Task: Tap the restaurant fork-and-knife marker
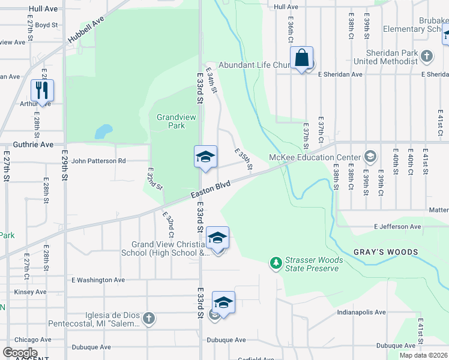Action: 42,91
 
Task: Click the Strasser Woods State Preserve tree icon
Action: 276,263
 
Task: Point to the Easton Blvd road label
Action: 211,191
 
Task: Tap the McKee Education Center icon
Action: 370,157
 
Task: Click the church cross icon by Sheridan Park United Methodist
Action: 427,56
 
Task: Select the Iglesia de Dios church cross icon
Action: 149,319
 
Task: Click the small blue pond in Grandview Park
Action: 103,131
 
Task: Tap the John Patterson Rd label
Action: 98,161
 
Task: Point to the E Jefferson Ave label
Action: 397,227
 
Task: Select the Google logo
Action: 20,353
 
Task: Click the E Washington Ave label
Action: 98,280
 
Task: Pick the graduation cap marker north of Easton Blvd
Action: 205,157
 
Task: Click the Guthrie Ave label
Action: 33,145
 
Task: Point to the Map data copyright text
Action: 423,355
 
